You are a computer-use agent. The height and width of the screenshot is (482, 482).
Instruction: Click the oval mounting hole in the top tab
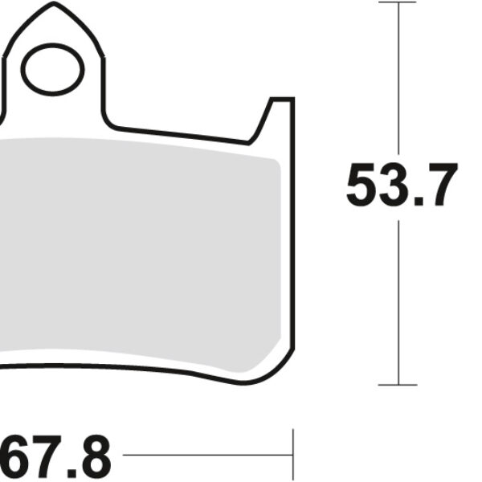54,69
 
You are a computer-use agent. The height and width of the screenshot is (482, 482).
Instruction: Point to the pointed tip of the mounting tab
54,6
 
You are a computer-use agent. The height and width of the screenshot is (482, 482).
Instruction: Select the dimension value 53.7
401,185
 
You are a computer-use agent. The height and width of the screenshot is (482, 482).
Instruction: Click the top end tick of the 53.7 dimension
399,2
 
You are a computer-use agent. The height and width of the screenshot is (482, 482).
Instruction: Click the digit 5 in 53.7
362,185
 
